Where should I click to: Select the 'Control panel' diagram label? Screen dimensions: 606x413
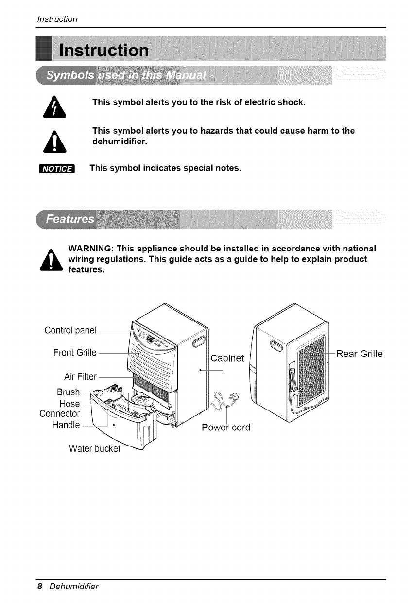[70, 331]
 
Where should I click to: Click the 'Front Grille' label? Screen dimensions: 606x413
[75, 352]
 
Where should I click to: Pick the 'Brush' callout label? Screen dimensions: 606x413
[68, 392]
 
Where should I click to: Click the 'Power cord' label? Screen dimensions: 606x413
[226, 428]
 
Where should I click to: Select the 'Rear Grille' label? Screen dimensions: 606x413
[359, 354]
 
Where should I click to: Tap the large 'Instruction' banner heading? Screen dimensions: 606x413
[103, 50]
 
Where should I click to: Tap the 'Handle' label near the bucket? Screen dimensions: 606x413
[66, 425]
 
